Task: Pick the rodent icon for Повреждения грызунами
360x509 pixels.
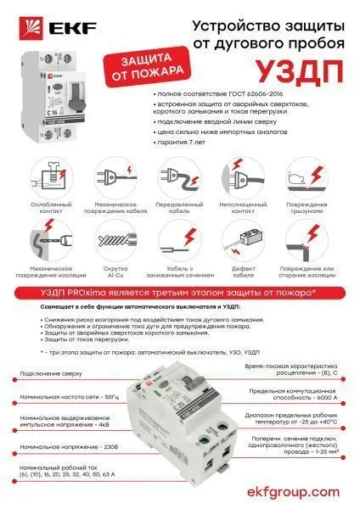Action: (x=311, y=179)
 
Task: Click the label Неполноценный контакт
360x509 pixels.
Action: (x=245, y=208)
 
